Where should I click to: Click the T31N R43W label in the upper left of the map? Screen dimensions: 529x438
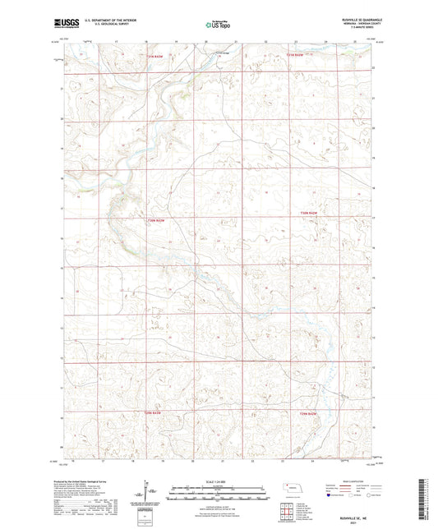(x=155, y=55)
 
